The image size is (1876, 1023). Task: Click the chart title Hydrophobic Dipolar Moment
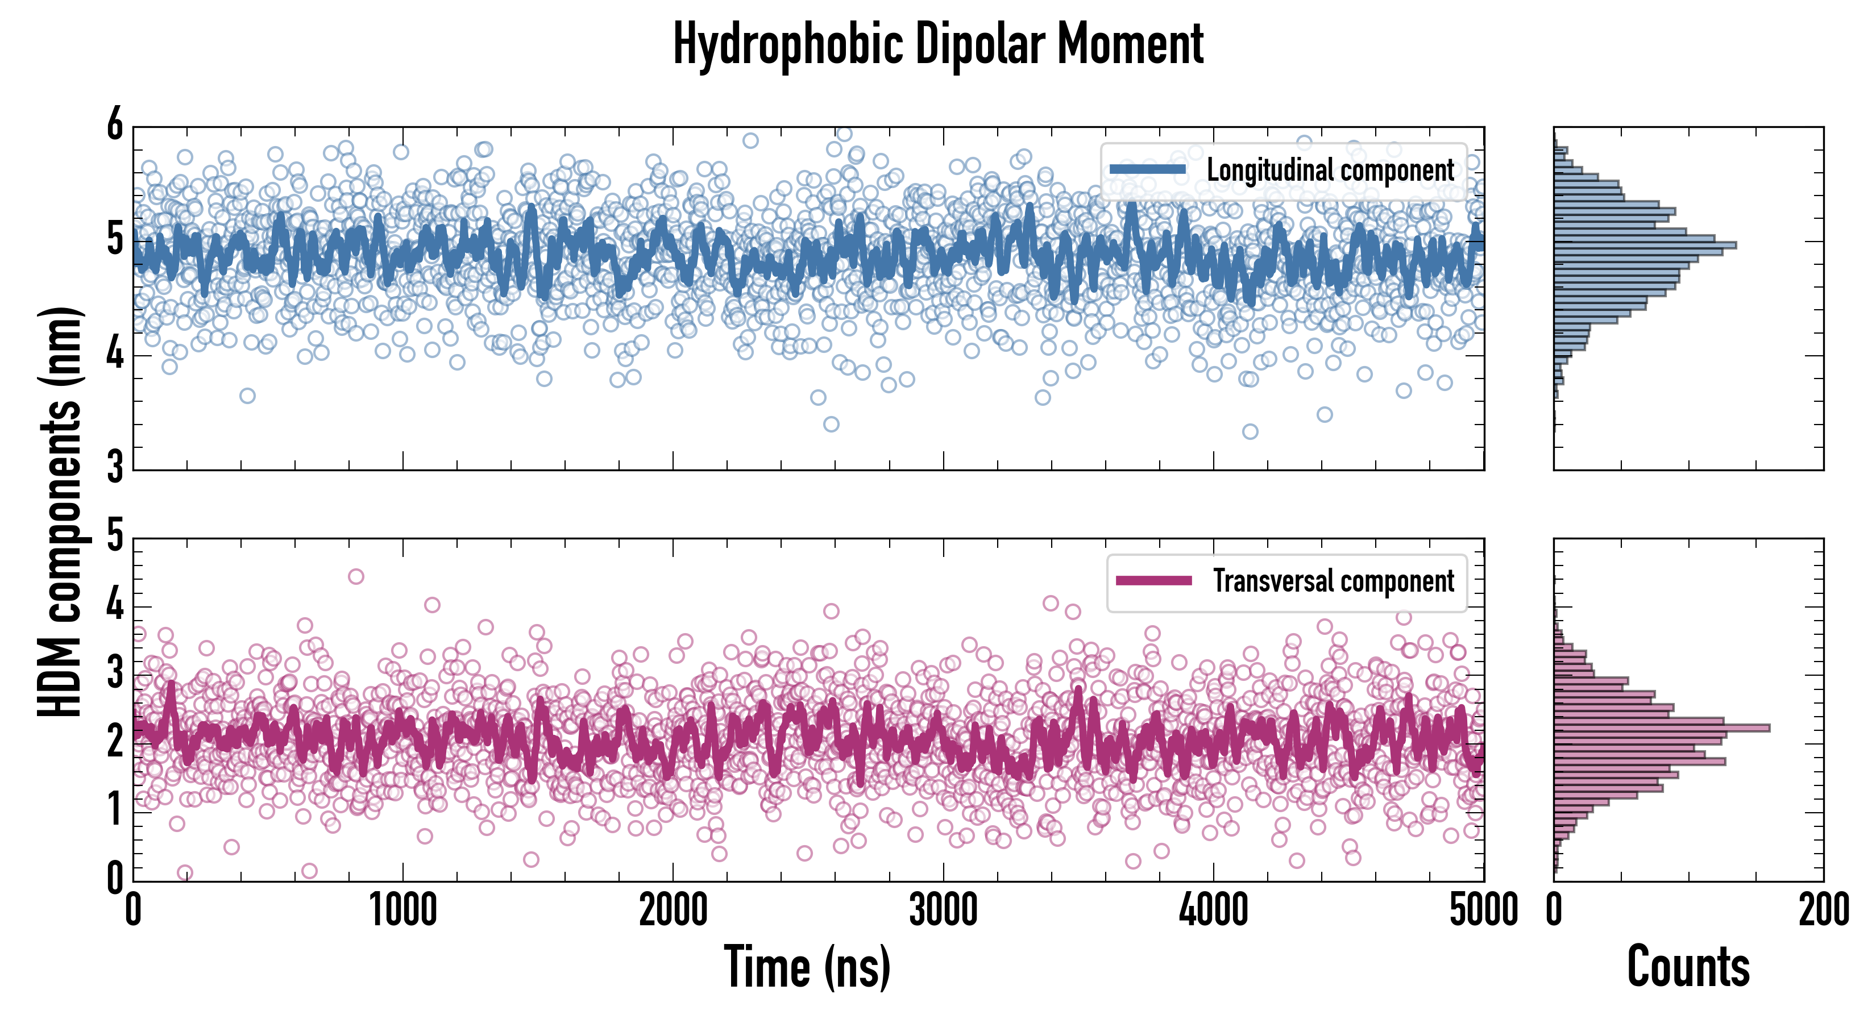coord(938,45)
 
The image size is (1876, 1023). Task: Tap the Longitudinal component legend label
coord(1330,170)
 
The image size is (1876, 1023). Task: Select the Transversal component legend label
coord(1334,581)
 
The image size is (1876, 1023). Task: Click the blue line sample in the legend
coord(1148,170)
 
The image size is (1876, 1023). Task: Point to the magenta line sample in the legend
coord(1153,581)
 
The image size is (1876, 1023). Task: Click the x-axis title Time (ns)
coord(807,967)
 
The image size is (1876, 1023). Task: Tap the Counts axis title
coord(1688,967)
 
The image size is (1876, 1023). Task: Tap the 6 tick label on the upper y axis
coord(115,124)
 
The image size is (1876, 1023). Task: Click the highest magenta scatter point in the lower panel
coord(356,577)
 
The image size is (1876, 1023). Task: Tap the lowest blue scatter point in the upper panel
coord(1250,432)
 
